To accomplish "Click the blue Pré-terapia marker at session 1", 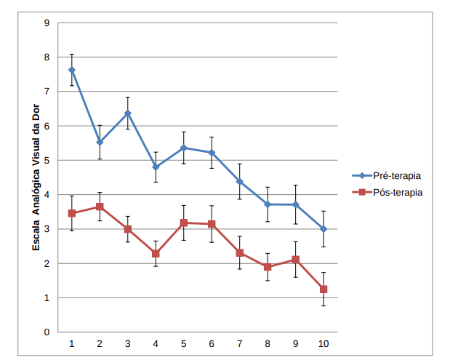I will pyautogui.click(x=72, y=70).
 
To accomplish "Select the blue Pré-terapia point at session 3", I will pyautogui.click(x=128, y=113).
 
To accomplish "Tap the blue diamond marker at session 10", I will pyautogui.click(x=324, y=229).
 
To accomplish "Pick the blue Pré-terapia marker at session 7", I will pyautogui.click(x=240, y=181).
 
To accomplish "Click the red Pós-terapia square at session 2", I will pyautogui.click(x=100, y=207).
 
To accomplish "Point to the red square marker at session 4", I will pyautogui.click(x=156, y=254).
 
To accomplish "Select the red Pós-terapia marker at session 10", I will pyautogui.click(x=324, y=289).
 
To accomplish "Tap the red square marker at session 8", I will pyautogui.click(x=268, y=267).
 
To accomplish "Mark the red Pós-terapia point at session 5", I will pyautogui.click(x=184, y=223).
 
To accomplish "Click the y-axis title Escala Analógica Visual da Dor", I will pyautogui.click(x=36, y=177).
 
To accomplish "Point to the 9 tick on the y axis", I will pyautogui.click(x=47, y=23).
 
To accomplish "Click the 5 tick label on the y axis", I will pyautogui.click(x=47, y=161).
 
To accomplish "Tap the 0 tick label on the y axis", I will pyautogui.click(x=47, y=332).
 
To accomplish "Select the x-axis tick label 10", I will pyautogui.click(x=324, y=344).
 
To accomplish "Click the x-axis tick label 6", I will pyautogui.click(x=212, y=344).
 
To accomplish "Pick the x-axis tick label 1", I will pyautogui.click(x=72, y=344).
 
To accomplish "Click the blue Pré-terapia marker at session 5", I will pyautogui.click(x=184, y=148).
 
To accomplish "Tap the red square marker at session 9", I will pyautogui.click(x=296, y=260).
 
